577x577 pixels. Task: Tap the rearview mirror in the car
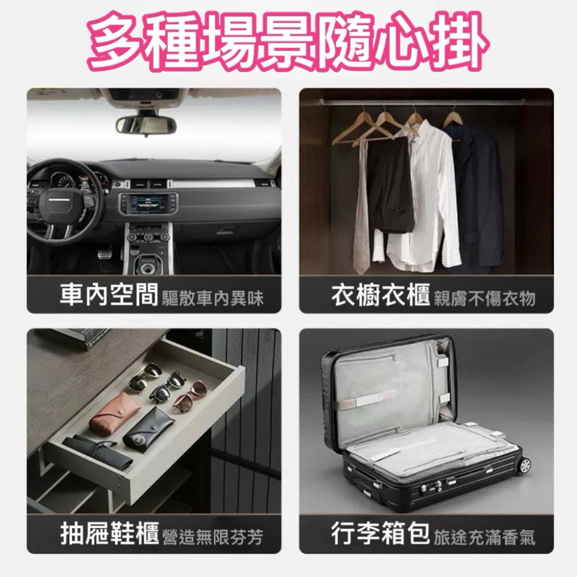coord(145,125)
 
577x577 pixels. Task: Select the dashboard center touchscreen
coord(148,204)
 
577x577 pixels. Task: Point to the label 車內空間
coord(109,295)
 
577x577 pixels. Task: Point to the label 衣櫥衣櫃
coord(380,295)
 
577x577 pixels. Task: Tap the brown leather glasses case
coord(114,414)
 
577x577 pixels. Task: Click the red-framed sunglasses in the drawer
coord(190,395)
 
